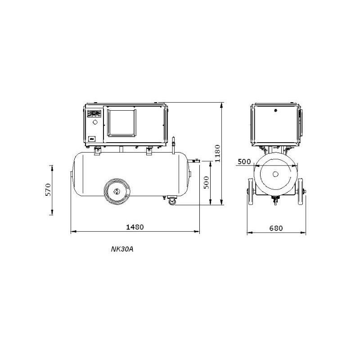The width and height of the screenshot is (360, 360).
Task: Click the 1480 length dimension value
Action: [x=135, y=227]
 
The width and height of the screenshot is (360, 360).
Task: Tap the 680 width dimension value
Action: [x=276, y=228]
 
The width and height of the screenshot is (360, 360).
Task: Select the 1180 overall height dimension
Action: [x=217, y=154]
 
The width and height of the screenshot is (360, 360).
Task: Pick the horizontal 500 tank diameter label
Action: [x=244, y=162]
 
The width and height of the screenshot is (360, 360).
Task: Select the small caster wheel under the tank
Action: [x=171, y=201]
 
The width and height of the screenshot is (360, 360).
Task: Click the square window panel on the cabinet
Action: [x=121, y=122]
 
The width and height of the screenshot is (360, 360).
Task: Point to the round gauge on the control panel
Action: [x=94, y=122]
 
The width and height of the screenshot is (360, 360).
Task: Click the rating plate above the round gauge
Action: [x=94, y=113]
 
